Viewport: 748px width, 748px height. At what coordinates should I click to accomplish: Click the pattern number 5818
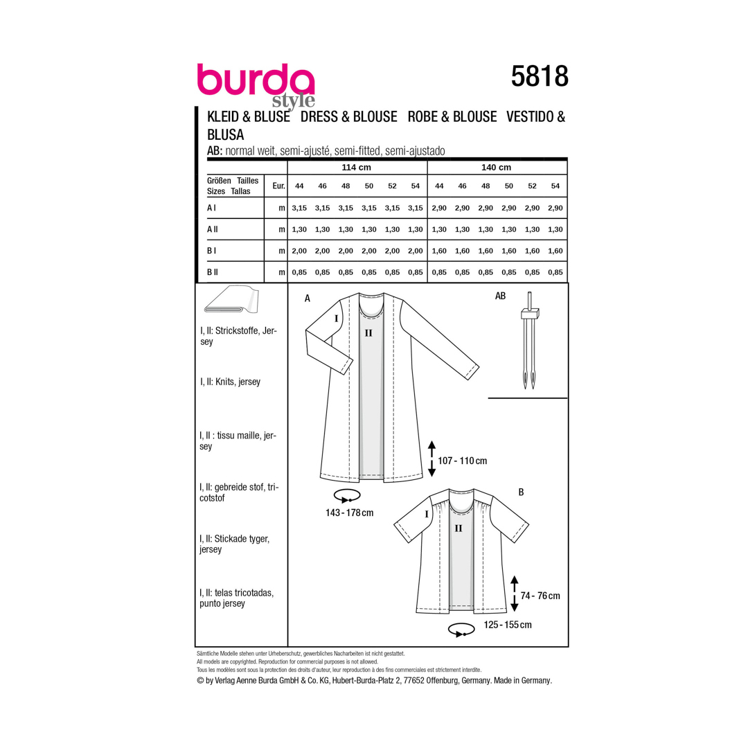(540, 76)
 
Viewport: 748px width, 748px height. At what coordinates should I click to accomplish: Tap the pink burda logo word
(256, 80)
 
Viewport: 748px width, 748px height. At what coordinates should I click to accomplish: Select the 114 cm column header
(357, 168)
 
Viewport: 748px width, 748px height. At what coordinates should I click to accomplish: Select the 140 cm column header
(496, 168)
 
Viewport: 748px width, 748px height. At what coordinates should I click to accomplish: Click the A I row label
(211, 208)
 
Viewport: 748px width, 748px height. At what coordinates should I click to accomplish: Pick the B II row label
(213, 272)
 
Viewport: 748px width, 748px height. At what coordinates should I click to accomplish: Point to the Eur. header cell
(278, 186)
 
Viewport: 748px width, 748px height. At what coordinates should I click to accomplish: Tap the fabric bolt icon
(231, 300)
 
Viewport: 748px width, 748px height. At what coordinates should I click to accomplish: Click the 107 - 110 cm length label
(462, 461)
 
